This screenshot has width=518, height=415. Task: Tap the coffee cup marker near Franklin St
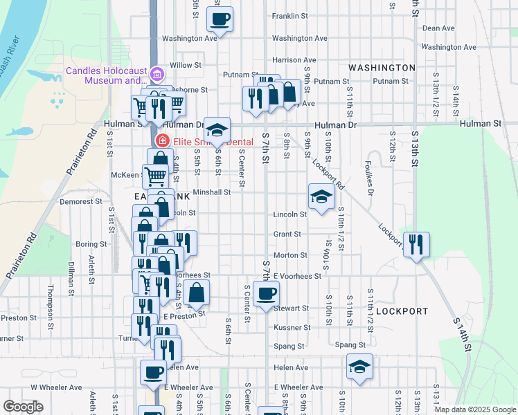tap(220, 20)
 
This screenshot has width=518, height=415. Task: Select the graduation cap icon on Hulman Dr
tap(217, 130)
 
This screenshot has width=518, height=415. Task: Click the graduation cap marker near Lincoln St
tap(321, 197)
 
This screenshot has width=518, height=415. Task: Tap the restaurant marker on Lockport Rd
tap(416, 245)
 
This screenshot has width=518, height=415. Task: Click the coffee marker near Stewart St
tap(266, 295)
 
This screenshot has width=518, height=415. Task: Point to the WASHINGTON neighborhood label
tap(382, 68)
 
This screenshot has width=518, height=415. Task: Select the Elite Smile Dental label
tap(209, 142)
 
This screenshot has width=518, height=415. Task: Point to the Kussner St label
tap(290, 327)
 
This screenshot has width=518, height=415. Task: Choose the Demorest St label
tap(81, 202)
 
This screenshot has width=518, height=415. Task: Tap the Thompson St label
tap(50, 298)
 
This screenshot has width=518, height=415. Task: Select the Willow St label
tap(185, 65)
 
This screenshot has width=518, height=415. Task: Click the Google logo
tap(24, 407)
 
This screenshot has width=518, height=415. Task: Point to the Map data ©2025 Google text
tap(474, 409)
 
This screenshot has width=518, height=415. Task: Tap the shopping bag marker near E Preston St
tap(197, 293)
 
